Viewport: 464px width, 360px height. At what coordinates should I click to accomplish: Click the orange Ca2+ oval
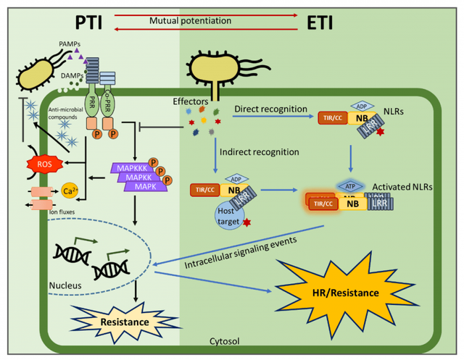(70, 191)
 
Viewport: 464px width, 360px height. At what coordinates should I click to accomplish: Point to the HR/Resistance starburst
(336, 292)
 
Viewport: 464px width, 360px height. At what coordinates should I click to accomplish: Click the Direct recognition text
(267, 109)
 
